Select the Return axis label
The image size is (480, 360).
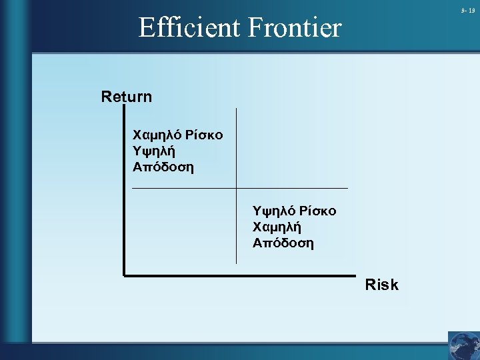tap(127, 97)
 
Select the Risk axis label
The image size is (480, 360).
tap(382, 285)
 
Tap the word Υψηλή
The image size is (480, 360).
tap(154, 151)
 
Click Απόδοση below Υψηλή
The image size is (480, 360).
tap(163, 167)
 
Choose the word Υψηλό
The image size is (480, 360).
tap(273, 211)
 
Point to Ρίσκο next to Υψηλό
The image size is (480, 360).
tap(318, 211)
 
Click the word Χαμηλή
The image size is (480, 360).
tap(275, 227)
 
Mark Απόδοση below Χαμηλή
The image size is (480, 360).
tap(283, 243)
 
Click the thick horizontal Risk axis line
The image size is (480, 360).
tap(240, 275)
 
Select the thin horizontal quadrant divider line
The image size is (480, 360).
tap(300, 189)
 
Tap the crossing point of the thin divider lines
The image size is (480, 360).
tap(236, 189)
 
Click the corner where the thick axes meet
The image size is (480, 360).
tap(125, 274)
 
